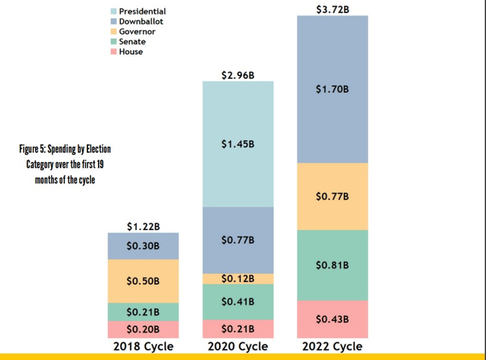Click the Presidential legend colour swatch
tap(114, 11)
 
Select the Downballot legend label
tap(141, 21)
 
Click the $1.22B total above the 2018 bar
tap(143, 226)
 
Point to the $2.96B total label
tap(238, 75)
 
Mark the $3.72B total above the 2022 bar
tap(333, 9)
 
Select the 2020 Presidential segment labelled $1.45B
tap(238, 144)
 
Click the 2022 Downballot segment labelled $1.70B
tap(333, 89)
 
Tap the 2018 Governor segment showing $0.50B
tap(143, 281)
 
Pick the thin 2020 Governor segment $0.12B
tap(238, 279)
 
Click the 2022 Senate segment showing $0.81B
tap(333, 265)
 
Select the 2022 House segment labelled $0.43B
tap(333, 319)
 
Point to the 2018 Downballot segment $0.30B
tap(143, 246)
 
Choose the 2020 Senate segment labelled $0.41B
tap(238, 302)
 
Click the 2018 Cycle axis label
tap(143, 346)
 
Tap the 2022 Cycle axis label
tap(332, 346)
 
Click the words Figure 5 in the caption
tap(32, 149)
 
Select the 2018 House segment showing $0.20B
tap(143, 329)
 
